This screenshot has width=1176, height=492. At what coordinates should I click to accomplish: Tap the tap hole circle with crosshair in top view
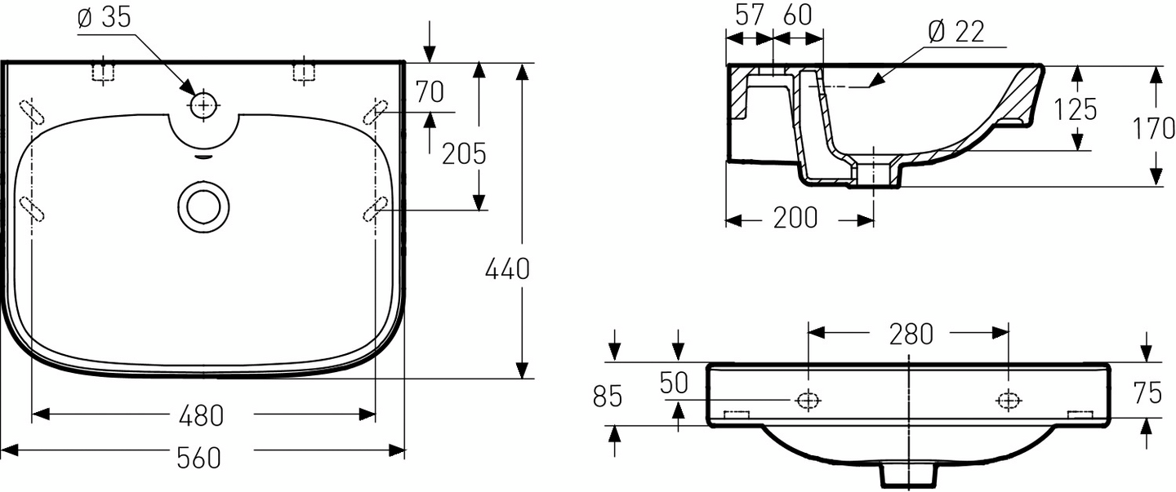click(203, 105)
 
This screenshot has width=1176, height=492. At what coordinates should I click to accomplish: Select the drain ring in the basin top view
click(202, 205)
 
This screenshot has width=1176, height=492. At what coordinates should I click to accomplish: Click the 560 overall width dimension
click(199, 458)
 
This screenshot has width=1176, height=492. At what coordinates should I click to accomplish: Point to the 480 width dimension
click(201, 415)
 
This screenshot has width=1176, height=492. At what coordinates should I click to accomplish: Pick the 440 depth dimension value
click(508, 268)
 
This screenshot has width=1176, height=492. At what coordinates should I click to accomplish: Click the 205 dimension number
click(464, 153)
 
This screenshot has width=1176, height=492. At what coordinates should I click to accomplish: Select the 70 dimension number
click(430, 92)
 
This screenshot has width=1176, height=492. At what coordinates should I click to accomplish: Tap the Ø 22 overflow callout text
click(956, 32)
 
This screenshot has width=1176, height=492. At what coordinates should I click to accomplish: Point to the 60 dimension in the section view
click(800, 14)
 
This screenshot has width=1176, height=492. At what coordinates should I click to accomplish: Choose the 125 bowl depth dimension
click(1074, 109)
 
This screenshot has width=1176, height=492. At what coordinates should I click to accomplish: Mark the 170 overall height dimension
click(1153, 128)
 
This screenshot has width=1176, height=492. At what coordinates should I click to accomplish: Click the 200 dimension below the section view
click(795, 219)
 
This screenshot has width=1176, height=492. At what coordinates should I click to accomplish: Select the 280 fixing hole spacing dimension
click(911, 333)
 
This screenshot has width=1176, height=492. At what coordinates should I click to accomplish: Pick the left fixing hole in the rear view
click(808, 400)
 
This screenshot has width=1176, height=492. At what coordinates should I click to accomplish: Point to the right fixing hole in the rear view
click(1009, 400)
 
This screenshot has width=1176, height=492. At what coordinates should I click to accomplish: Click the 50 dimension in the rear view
click(675, 383)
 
